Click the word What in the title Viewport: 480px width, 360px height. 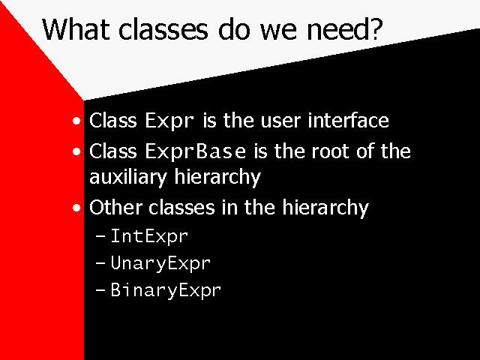76,29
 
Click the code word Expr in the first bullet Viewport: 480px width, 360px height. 169,121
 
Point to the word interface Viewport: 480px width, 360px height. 348,120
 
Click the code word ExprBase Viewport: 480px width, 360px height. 195,151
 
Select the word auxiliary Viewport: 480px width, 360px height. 128,177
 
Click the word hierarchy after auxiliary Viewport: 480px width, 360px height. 217,177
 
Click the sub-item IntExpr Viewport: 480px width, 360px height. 149,237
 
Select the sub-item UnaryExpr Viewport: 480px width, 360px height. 160,263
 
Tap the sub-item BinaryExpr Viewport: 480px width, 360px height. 166,290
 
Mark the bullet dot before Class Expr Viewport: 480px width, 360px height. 76,121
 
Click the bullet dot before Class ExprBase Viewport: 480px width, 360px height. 76,151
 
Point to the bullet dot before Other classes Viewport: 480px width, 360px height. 76,208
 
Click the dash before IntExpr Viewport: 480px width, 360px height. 100,236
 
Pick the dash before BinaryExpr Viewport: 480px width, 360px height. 100,289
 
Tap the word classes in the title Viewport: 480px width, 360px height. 163,29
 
